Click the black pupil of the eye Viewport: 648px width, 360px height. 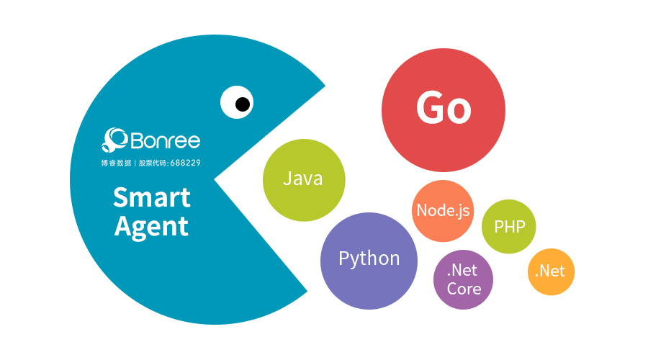(243, 104)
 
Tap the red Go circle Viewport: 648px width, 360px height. (444, 110)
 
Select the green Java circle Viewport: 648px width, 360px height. (304, 180)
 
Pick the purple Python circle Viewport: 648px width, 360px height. (369, 261)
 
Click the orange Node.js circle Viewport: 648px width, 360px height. (443, 211)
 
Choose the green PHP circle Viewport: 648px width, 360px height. (509, 227)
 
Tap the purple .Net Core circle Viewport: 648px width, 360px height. (463, 279)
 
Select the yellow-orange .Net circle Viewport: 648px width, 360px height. (552, 271)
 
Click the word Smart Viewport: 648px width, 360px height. (152, 197)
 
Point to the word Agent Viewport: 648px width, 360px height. (151, 227)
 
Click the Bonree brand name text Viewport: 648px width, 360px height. (166, 140)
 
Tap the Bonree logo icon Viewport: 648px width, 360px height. (114, 140)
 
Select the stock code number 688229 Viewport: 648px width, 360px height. (186, 163)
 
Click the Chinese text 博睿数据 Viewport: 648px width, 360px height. (116, 163)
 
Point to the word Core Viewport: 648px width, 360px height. (464, 289)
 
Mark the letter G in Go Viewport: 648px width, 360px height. (430, 107)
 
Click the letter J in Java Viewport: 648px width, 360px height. (287, 179)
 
